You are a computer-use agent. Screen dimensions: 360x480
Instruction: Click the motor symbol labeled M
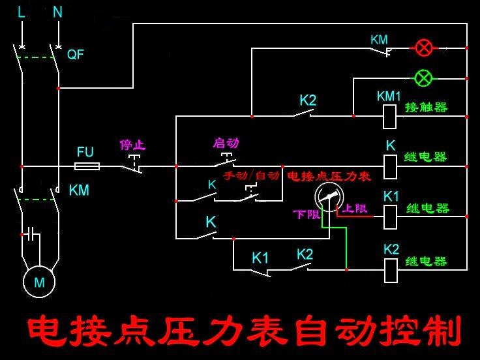tap(39, 282)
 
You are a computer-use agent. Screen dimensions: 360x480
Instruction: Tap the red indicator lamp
tap(424, 48)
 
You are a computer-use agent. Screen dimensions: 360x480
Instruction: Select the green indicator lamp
tap(424, 78)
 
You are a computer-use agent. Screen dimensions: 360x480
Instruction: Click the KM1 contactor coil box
tap(389, 116)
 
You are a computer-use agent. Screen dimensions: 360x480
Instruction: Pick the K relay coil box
tap(390, 166)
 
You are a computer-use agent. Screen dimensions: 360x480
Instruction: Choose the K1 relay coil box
tap(390, 217)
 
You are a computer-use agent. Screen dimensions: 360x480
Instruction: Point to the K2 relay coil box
tap(391, 270)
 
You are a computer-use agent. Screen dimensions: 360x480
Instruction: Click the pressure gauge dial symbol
tap(329, 196)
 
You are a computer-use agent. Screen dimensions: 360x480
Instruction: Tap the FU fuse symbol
tap(87, 166)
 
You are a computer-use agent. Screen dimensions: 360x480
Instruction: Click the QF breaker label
tap(76, 55)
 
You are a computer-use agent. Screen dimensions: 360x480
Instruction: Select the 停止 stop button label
tap(131, 144)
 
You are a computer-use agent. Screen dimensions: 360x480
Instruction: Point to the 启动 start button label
tap(226, 143)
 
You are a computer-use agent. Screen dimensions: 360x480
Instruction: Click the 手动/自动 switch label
tap(251, 176)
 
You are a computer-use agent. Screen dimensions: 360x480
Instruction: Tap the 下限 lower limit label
tap(306, 215)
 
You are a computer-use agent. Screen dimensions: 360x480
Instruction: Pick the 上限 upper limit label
tap(355, 209)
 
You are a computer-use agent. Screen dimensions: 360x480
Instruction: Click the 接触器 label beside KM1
tap(426, 107)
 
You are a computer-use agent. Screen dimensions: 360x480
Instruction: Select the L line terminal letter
tap(22, 12)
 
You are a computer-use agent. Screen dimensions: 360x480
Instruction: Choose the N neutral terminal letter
tap(57, 12)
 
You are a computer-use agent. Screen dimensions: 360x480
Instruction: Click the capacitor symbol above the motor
tap(30, 233)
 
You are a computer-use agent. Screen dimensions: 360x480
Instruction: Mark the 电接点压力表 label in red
tap(329, 176)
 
